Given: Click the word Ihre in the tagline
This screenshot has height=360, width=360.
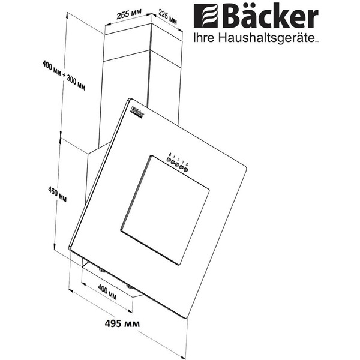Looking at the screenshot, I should pos(202,38).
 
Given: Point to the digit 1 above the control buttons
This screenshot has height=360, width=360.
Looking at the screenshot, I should pos(175,157).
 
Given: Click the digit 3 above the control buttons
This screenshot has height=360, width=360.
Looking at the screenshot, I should pos(183,161).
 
